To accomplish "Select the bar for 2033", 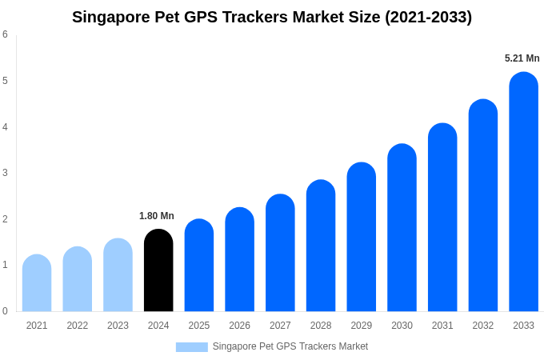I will coord(523,192).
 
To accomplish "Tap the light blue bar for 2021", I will coord(37,283).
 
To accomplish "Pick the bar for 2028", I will coord(321,246).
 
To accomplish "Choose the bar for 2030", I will coord(402,228).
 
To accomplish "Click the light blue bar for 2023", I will coord(118,275).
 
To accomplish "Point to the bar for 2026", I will coord(239,259).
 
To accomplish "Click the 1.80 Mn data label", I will coord(157,216).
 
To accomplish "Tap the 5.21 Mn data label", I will coord(522,58).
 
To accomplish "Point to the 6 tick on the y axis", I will coord(5,34).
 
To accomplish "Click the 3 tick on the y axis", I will coord(5,173).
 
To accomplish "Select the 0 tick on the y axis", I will coord(5,311).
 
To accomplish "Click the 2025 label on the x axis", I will coord(199,326).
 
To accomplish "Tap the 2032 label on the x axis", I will coord(483,326).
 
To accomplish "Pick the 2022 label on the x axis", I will coord(78,326).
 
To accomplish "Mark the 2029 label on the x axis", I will coord(362,326).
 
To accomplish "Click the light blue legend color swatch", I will coord(191,347).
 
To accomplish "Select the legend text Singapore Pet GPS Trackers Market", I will coord(290,346).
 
